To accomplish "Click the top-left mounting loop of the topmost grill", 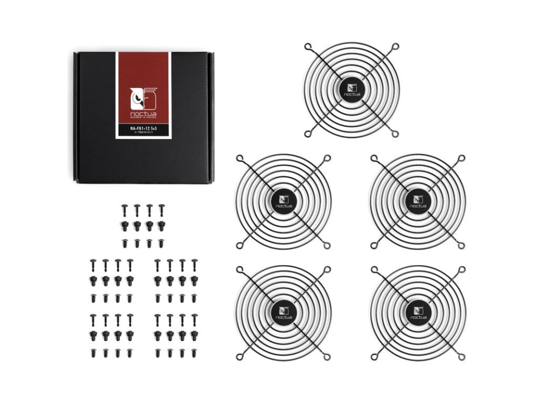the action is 307,46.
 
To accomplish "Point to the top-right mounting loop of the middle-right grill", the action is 461,158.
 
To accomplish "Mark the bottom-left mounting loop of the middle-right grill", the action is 374,245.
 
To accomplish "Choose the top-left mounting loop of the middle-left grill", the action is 240,158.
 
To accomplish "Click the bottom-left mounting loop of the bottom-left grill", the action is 240,357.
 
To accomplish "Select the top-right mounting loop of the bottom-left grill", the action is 327,269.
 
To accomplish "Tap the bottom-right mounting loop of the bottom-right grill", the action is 461,357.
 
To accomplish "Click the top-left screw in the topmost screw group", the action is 125,209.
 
